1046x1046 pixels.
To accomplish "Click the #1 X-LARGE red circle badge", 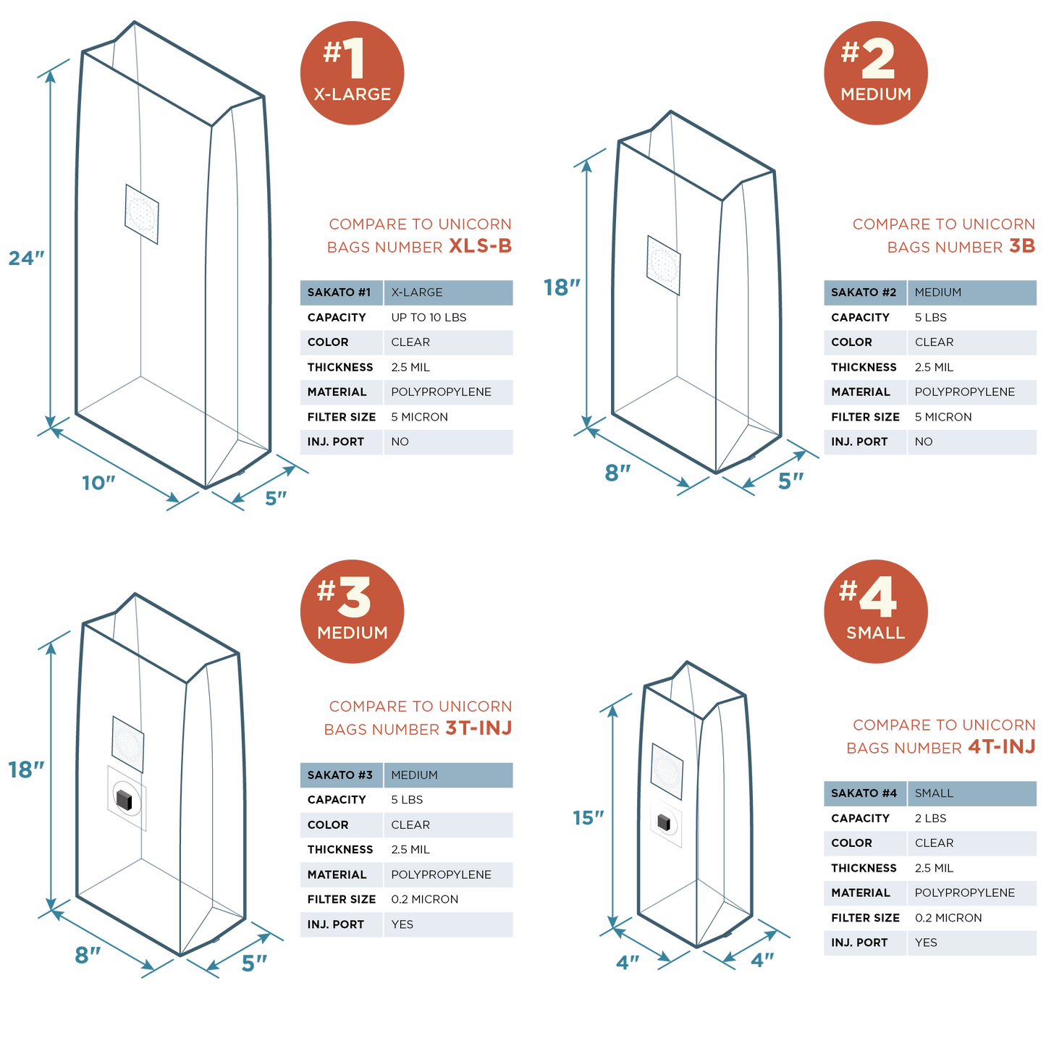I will pyautogui.click(x=352, y=73).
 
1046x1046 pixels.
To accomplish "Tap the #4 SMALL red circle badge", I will pyautogui.click(x=875, y=612).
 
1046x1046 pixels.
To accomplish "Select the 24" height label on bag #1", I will pyautogui.click(x=26, y=258).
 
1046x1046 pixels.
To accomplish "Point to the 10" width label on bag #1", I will pyautogui.click(x=98, y=483).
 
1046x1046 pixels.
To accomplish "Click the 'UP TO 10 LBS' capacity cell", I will pyautogui.click(x=429, y=318).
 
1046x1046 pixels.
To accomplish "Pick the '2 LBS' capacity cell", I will pyautogui.click(x=930, y=819).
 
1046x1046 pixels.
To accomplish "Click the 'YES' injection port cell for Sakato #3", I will pyautogui.click(x=402, y=924).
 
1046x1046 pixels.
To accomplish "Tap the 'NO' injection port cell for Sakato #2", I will pyautogui.click(x=923, y=442).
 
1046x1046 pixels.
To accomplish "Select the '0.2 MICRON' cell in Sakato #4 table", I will pyautogui.click(x=948, y=918).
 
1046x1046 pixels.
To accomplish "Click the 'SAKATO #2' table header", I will pyautogui.click(x=863, y=292).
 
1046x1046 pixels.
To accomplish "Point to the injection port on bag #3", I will pyautogui.click(x=124, y=798).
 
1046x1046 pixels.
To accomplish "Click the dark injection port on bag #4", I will pyautogui.click(x=664, y=822).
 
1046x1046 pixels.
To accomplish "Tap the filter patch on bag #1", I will pyautogui.click(x=142, y=214).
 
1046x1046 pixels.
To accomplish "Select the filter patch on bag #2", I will pyautogui.click(x=663, y=266).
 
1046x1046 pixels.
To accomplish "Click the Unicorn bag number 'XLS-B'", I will pyautogui.click(x=480, y=246).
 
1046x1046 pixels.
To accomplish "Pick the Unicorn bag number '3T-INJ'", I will pyautogui.click(x=478, y=728).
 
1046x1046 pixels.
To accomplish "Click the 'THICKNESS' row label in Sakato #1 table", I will pyautogui.click(x=339, y=368).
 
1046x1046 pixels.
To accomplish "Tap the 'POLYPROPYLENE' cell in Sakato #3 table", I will pyautogui.click(x=441, y=875).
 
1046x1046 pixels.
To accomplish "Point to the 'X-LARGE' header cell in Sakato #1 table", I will pyautogui.click(x=416, y=292).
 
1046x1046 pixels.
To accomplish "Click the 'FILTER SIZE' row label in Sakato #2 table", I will pyautogui.click(x=864, y=417).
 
